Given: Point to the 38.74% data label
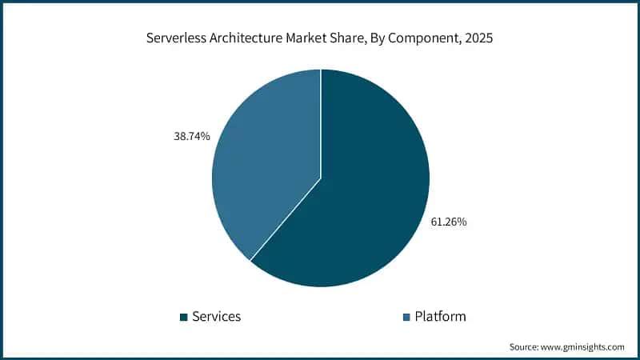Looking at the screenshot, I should (x=192, y=137).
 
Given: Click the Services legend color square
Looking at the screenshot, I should (x=184, y=317).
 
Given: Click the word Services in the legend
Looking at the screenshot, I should (x=216, y=317).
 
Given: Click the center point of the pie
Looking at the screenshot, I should (x=321, y=178).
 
